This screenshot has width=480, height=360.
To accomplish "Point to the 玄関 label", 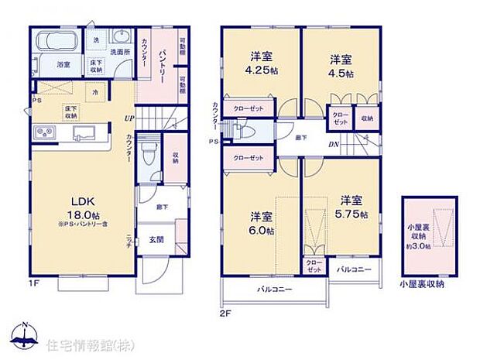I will (158, 240).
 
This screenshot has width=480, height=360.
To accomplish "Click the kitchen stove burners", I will (44, 133).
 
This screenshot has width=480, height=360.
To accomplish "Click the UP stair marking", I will (128, 118).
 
